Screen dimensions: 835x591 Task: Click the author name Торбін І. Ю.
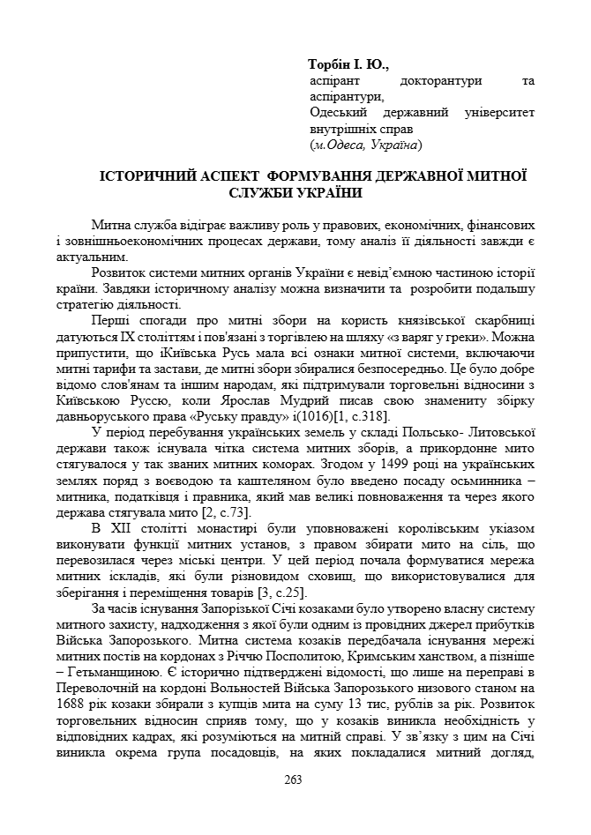coord(348,65)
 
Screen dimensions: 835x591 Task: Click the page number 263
coord(294,779)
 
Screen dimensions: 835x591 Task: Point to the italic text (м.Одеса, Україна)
coord(366,145)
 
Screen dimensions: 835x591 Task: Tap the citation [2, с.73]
coord(199,511)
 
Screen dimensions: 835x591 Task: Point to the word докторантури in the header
coord(437,81)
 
